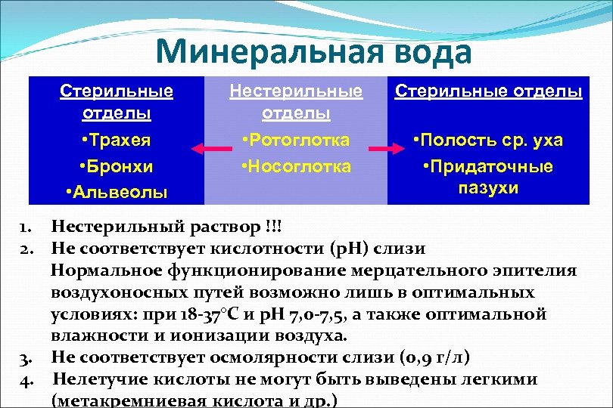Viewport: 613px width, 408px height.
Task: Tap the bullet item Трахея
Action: tap(117, 141)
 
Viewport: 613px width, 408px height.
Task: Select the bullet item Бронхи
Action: tap(117, 166)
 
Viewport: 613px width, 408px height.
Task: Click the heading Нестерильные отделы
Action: tap(296, 102)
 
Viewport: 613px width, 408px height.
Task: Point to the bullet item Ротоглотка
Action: tap(296, 141)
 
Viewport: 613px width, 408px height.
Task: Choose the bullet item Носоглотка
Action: tap(296, 166)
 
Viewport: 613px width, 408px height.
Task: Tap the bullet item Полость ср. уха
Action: tap(487, 141)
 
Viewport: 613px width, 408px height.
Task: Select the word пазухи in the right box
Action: tap(487, 188)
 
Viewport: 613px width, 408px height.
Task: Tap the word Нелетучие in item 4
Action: tap(98, 379)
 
